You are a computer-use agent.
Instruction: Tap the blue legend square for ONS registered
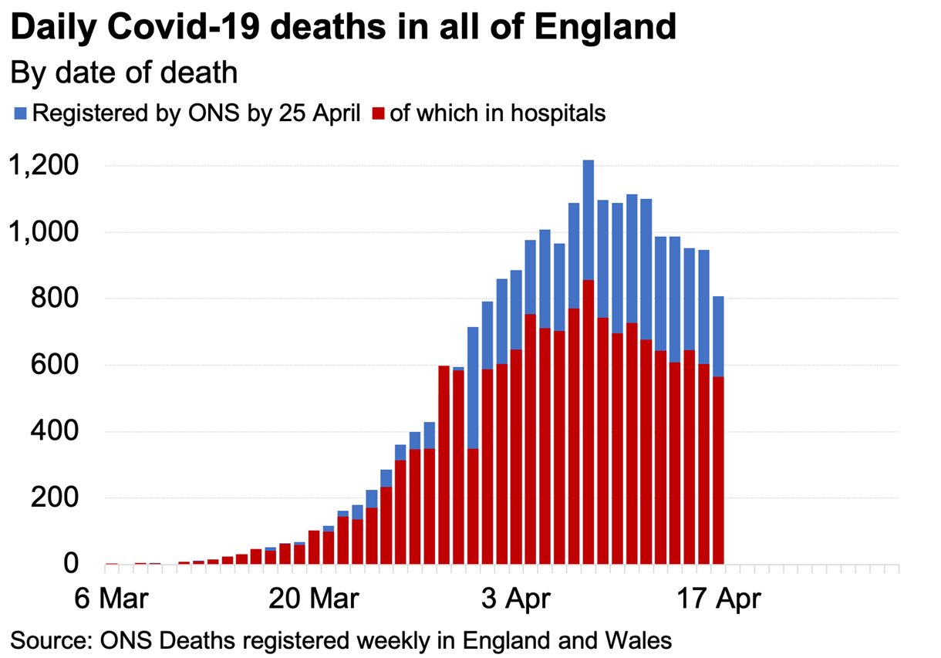20,114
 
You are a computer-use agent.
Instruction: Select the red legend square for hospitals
377,114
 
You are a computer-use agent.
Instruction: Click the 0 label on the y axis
71,564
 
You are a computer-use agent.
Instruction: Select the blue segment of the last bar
717,336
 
